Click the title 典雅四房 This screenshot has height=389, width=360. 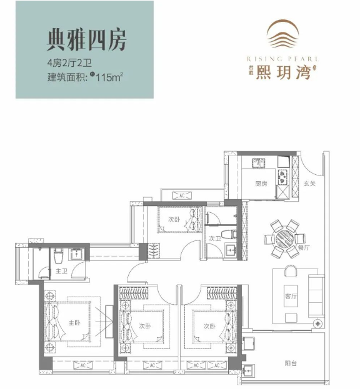click(x=87, y=39)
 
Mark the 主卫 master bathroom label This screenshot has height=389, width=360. click(x=61, y=271)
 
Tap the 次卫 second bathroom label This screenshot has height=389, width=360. click(x=216, y=237)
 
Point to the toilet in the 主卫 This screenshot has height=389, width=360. click(x=58, y=255)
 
